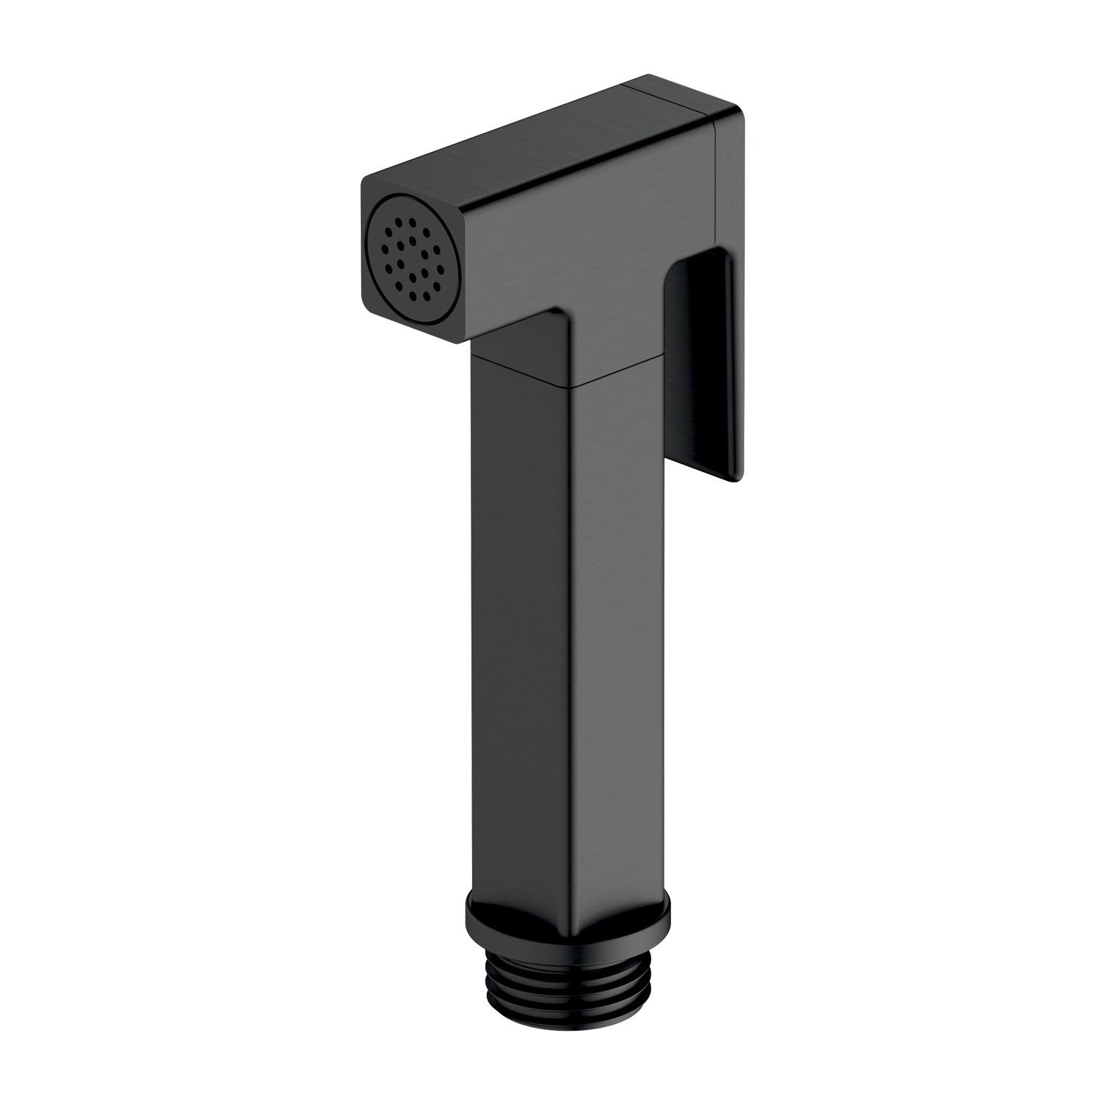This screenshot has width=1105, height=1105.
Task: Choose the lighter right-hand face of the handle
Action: tap(619, 589)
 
